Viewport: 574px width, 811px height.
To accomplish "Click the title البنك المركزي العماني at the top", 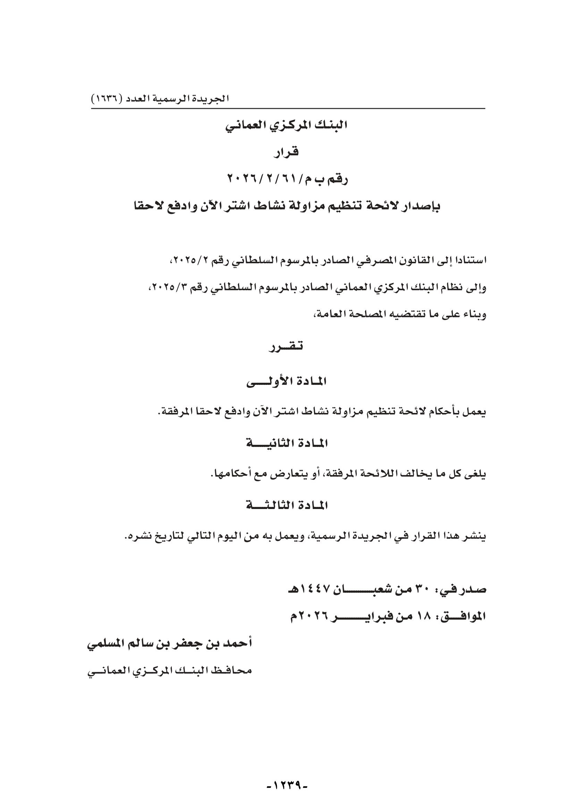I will click(287, 126).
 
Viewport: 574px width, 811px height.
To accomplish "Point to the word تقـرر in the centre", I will click(287, 347).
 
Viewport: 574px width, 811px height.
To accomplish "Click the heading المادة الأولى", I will click(287, 382).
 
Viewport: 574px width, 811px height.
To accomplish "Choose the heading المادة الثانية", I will click(287, 444).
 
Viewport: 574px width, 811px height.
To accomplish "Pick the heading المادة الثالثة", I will click(287, 506).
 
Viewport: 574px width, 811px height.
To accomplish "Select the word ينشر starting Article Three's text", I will click(476, 536).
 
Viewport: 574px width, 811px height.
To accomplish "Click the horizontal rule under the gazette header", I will click(288, 109).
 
